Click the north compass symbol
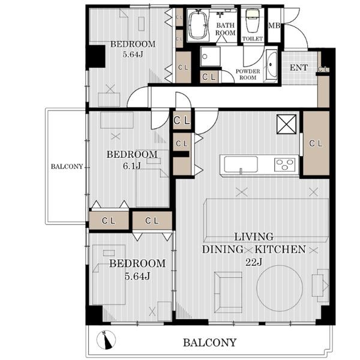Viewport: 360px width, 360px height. [106, 340]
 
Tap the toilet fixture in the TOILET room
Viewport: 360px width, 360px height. [252, 20]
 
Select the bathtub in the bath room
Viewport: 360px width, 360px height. [197, 25]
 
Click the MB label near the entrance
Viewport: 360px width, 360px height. [274, 25]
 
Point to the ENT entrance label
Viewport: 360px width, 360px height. [299, 67]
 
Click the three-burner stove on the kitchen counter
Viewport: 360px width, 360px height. [284, 164]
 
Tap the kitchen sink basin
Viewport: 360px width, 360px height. [241, 164]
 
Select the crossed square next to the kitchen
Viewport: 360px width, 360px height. [286, 124]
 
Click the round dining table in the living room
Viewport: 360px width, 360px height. [280, 289]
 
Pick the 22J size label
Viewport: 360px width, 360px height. [253, 262]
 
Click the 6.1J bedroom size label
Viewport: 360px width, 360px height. [131, 166]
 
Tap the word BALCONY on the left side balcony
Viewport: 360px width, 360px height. [67, 166]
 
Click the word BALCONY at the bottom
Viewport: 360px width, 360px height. [209, 343]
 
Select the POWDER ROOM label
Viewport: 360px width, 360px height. [248, 74]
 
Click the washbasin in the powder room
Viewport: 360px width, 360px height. [272, 65]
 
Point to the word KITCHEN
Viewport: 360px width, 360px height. [280, 250]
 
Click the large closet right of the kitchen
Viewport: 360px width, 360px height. [316, 143]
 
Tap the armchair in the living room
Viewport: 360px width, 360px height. [228, 292]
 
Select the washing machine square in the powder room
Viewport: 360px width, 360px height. [210, 57]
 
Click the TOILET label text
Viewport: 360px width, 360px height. [253, 39]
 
